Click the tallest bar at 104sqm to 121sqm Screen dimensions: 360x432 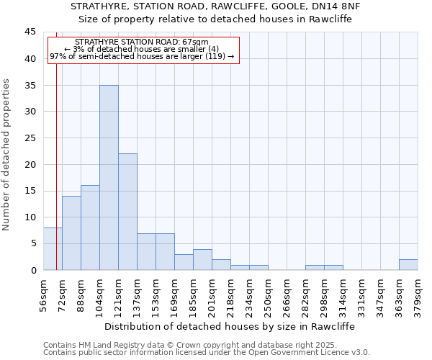(109, 177)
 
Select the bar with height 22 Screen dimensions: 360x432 (127, 212)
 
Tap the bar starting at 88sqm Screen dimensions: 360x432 (90, 228)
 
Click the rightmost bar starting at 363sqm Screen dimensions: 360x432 (408, 264)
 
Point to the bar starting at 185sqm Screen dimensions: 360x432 (202, 259)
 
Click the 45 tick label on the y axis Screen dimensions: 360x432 (30, 32)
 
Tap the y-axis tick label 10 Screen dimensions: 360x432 (30, 217)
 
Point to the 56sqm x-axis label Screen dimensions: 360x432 (43, 294)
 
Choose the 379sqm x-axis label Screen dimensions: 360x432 (418, 294)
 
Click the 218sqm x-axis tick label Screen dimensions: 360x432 (230, 294)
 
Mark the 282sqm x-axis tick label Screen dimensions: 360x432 (305, 294)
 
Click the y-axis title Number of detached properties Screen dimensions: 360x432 (7, 155)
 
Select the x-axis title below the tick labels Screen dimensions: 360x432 (230, 326)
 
